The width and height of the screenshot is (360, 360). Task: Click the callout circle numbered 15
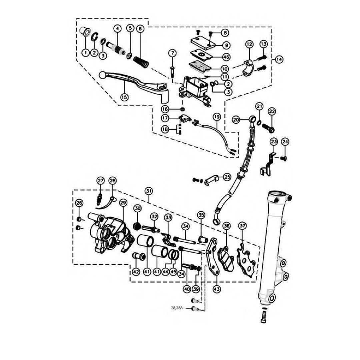click(124, 97)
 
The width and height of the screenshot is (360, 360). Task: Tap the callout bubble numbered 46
click(226, 57)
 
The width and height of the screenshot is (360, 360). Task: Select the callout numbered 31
click(149, 191)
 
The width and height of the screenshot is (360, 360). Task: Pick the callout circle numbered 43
click(217, 289)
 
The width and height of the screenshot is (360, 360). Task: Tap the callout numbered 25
click(227, 177)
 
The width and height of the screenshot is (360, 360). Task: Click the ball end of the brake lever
click(103, 76)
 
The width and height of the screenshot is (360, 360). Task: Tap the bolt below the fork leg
click(263, 316)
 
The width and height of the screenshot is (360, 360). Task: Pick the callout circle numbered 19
click(217, 117)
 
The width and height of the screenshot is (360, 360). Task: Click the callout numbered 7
click(172, 53)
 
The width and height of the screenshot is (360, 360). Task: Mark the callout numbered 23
click(274, 142)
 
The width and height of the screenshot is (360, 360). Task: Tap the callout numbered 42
click(136, 272)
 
